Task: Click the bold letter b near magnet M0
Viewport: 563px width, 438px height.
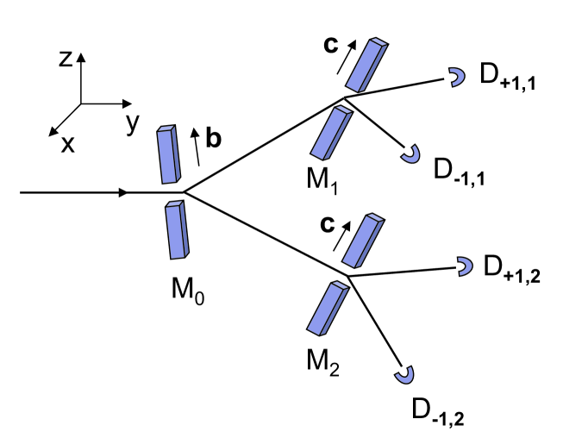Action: coord(213,139)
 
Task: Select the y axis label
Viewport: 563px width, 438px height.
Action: coord(131,123)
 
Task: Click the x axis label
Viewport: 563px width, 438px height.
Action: coord(66,143)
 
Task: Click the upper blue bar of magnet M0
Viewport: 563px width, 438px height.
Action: coord(168,153)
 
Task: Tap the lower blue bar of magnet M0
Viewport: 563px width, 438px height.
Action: coord(178,229)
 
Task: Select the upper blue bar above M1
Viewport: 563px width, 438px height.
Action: coord(365,64)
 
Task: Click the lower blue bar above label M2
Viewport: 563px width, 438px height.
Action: coord(328,307)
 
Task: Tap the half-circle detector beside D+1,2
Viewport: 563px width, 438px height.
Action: coord(466,266)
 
